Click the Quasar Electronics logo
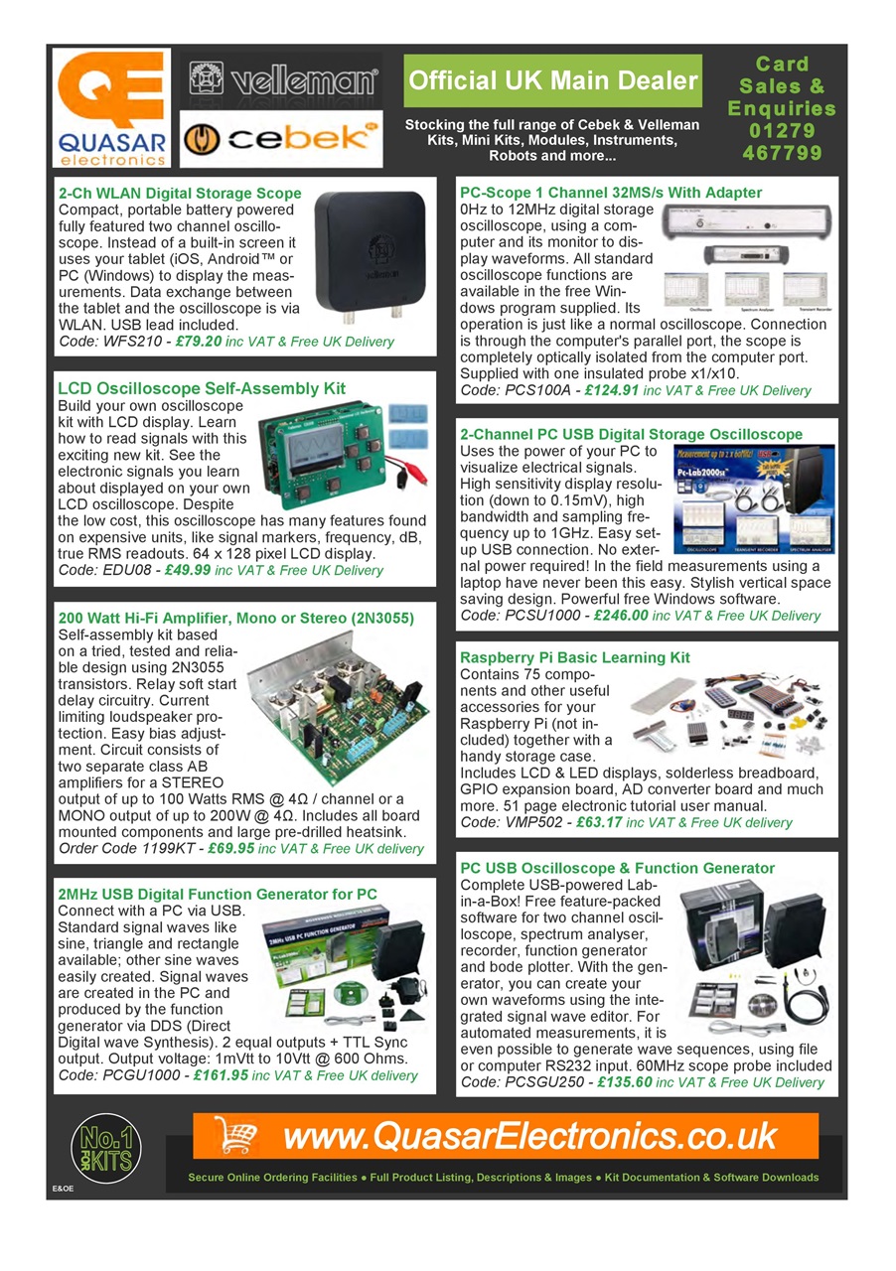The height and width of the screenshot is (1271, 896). click(x=110, y=107)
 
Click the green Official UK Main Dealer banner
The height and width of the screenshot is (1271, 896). click(x=552, y=81)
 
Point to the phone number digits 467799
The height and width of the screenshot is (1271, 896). click(x=782, y=153)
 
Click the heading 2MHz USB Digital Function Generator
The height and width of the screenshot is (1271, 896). click(x=218, y=895)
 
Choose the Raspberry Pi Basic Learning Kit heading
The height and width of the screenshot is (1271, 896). click(x=574, y=657)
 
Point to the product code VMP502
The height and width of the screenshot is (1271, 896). click(x=536, y=822)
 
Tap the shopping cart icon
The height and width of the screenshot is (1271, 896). click(x=232, y=1135)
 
